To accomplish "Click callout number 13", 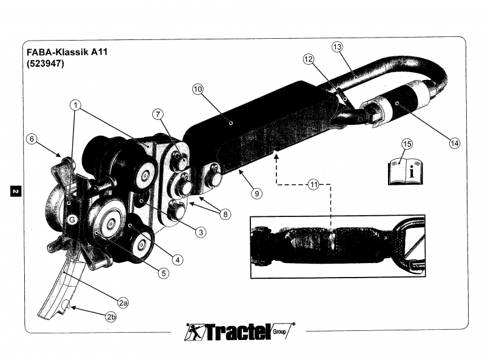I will [338, 47].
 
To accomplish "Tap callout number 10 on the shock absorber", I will [198, 88].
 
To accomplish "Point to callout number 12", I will [309, 59].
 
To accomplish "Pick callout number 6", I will [31, 139].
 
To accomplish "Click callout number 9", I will [256, 193].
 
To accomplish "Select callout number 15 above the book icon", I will [407, 144].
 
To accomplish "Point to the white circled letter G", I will [71, 220].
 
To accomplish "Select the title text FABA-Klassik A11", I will [65, 52].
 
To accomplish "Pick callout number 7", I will [157, 114].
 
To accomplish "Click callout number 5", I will [164, 273].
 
